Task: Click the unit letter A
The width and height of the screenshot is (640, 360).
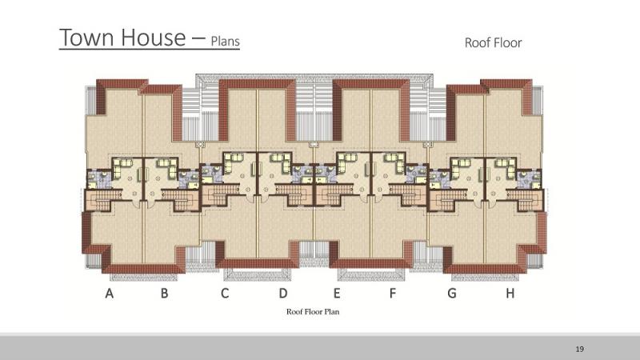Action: (109, 293)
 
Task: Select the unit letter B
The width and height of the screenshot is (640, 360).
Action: (164, 293)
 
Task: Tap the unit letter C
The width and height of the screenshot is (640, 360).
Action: (225, 293)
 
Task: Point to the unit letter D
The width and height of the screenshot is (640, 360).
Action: (283, 293)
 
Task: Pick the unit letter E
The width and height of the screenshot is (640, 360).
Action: (337, 293)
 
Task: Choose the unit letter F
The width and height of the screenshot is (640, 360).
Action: (393, 293)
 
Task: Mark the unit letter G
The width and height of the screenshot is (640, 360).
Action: (452, 293)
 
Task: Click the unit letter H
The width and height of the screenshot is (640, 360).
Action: (510, 293)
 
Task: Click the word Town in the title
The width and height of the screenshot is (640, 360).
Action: (86, 37)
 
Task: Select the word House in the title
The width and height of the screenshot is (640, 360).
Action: (154, 37)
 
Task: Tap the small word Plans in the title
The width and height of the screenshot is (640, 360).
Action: (226, 42)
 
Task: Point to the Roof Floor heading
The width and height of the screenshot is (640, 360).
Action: (493, 42)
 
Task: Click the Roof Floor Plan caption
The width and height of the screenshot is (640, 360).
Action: (313, 311)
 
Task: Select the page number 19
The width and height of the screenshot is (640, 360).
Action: (579, 349)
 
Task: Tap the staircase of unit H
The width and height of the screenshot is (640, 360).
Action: (526, 200)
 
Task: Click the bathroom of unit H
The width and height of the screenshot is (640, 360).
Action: (530, 180)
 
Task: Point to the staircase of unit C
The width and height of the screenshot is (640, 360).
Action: (221, 194)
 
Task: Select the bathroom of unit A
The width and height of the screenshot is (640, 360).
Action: (99, 180)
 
